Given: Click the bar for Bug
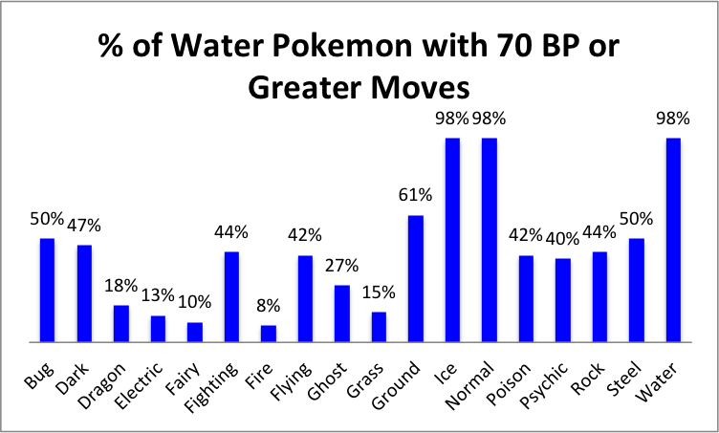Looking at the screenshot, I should coord(47,290).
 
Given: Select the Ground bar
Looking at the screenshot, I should coord(415,278).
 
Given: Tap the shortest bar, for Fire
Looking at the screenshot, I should coord(268,333).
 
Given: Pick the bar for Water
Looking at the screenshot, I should coord(673,239).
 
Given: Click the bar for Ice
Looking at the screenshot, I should coord(452,239).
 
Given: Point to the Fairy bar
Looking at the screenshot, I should coord(194,332).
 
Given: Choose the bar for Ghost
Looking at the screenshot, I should coord(341,313).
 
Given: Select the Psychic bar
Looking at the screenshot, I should coord(562,299).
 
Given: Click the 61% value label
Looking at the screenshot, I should coord(416,195).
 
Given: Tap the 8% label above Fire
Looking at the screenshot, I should coord(269,306).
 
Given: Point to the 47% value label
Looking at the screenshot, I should coord(84,225).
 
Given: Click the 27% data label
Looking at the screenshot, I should coord(342,265).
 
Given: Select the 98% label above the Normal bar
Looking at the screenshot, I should coord(490,118).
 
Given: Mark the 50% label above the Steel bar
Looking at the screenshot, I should coord(637,218).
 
